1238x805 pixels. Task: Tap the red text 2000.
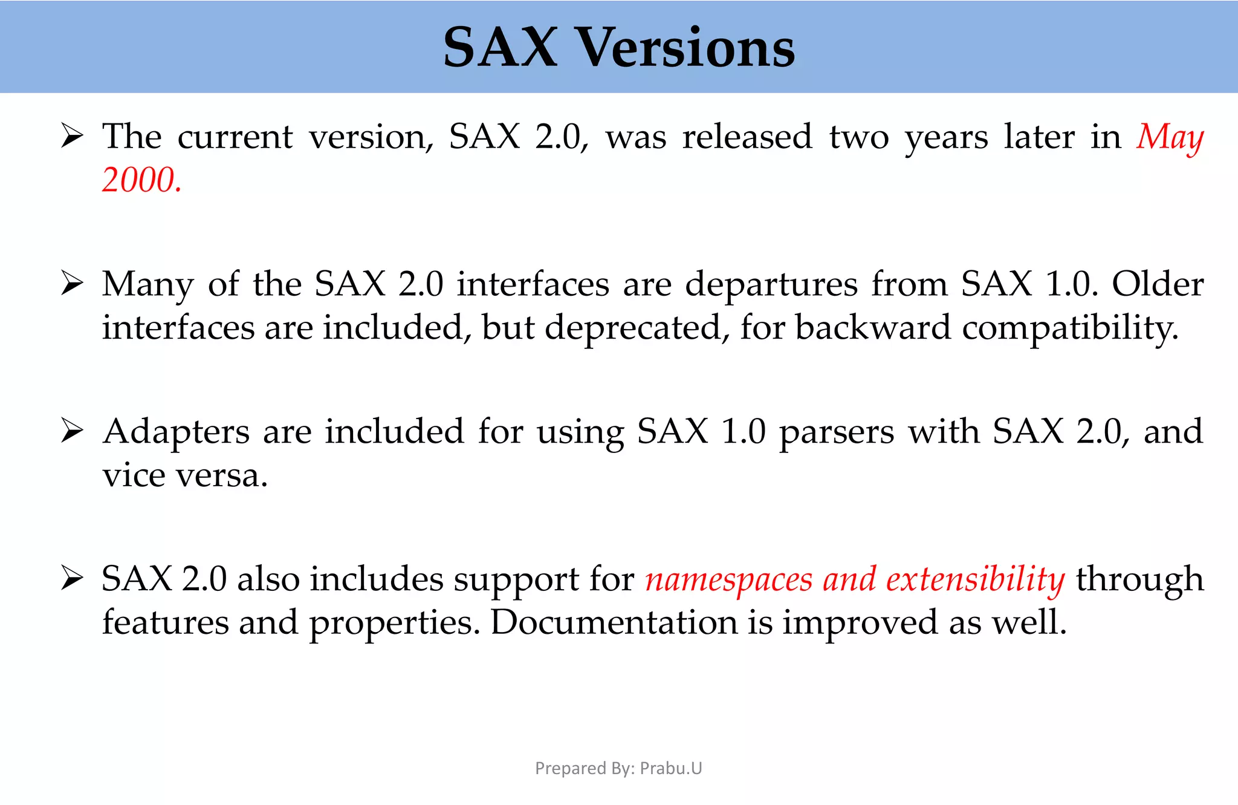click(x=141, y=180)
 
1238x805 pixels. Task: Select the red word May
click(x=1170, y=137)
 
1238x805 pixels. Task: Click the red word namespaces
click(x=728, y=579)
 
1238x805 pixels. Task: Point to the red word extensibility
click(x=975, y=579)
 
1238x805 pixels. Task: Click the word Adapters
click(x=176, y=432)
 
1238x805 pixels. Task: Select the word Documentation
click(x=614, y=622)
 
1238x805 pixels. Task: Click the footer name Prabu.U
click(x=671, y=768)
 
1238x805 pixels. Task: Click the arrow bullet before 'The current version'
click(x=72, y=136)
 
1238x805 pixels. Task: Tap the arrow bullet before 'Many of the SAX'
click(x=72, y=284)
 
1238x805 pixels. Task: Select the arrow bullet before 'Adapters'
click(x=72, y=431)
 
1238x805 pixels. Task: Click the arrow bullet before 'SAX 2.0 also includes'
click(x=72, y=579)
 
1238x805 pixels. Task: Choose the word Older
click(x=1158, y=284)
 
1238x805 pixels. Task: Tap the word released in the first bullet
click(x=747, y=137)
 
